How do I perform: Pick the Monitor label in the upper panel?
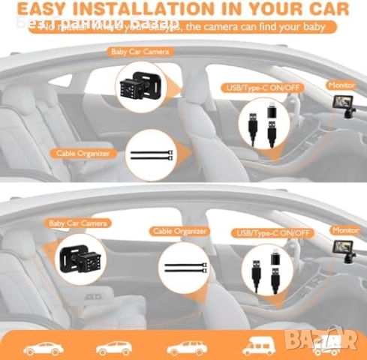[x=342, y=85]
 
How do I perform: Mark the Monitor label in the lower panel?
[x=345, y=230]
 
